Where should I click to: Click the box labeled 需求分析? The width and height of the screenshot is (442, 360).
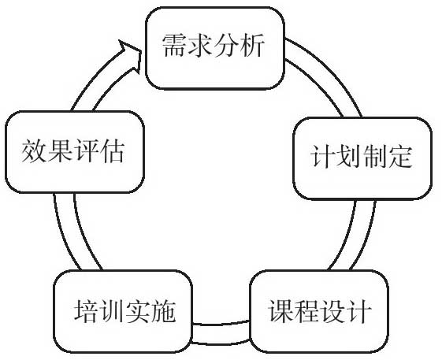215,48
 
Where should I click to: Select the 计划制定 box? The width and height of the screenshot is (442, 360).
362,158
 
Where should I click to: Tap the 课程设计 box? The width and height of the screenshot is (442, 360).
319,311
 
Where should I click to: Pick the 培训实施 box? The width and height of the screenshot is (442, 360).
123,311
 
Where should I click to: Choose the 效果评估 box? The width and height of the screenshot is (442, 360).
75,152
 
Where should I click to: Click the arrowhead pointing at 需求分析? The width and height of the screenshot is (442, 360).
130,56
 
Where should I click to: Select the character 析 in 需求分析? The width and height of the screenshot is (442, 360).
253,46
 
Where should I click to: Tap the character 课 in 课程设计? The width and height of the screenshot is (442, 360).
280,310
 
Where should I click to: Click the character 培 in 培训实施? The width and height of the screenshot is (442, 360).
86,310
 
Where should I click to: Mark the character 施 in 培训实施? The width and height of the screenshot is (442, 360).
164,310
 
